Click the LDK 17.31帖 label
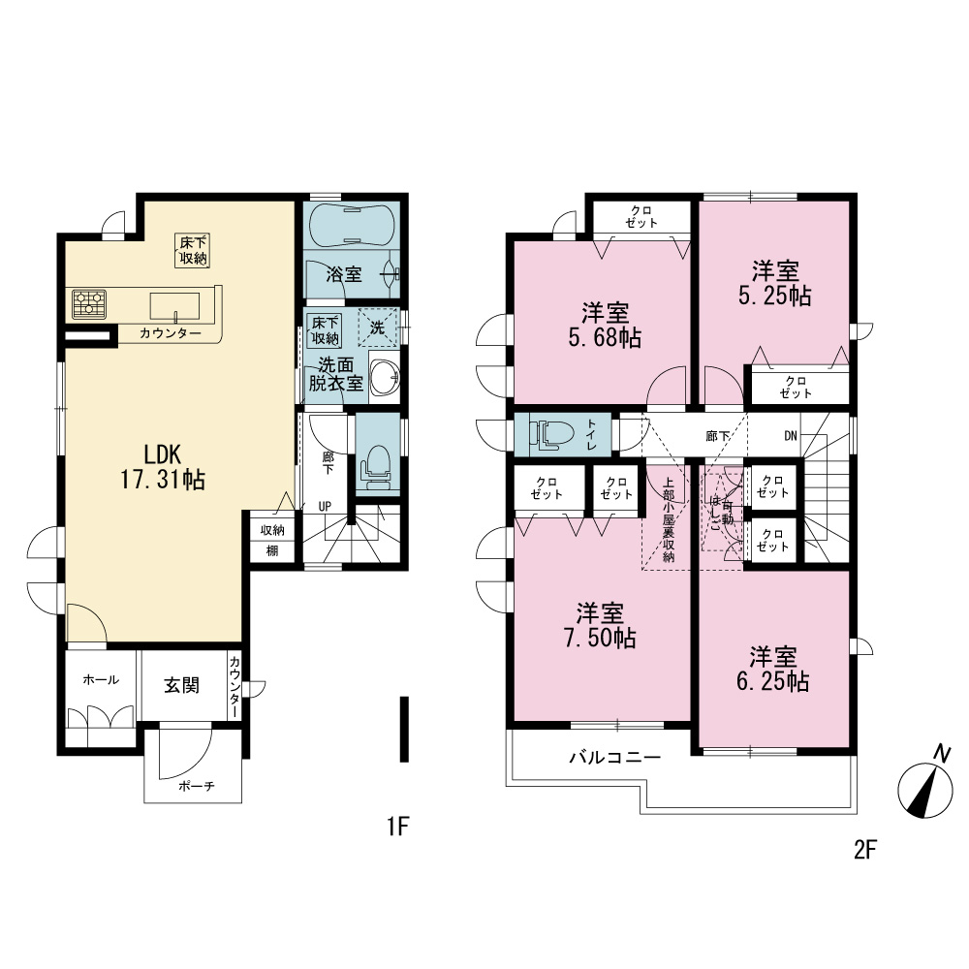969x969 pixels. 163,467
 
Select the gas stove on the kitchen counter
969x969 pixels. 89,304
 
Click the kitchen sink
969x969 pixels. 174,306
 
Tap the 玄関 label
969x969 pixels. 182,685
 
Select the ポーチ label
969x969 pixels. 197,786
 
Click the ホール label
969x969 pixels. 101,680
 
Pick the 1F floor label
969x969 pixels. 398,827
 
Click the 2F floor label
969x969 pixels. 865,850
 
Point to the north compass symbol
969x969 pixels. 925,786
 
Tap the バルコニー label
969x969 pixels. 615,757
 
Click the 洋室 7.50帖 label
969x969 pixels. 600,625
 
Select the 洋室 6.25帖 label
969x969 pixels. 773,668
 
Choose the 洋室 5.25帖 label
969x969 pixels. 775,283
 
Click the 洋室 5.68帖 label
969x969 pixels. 605,325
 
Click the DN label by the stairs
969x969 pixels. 791,436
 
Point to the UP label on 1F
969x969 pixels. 325,506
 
